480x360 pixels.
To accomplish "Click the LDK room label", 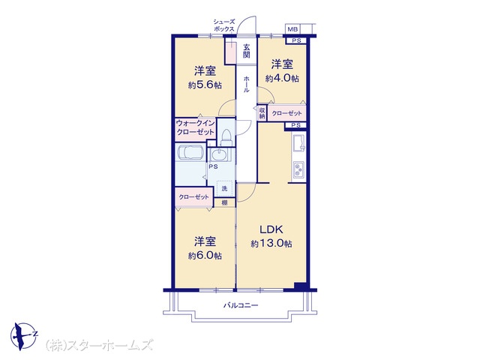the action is (271, 229).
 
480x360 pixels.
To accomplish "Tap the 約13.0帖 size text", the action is (271, 244).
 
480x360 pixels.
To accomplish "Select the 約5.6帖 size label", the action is (205, 85).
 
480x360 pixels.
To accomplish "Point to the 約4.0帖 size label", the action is (282, 78).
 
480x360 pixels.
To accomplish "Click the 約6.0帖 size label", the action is (205, 256).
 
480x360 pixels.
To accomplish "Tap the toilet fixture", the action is (226, 137).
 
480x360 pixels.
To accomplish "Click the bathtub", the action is (190, 152).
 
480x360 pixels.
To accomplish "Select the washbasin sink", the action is (220, 154).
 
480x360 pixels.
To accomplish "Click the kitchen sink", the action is (298, 143).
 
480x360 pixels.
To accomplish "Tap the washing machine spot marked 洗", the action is (224, 188).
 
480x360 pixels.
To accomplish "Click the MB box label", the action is (292, 29).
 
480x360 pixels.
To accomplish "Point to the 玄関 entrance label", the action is (247, 51).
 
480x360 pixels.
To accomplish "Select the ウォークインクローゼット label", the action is (195, 127).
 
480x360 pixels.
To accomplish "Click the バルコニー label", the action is (241, 305).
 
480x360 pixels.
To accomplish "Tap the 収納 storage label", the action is (262, 113).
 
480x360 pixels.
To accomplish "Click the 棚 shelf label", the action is (224, 202).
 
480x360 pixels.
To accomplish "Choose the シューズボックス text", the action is (224, 25).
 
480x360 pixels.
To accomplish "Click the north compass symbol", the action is (24, 336).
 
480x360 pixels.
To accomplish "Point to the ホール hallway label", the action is (247, 84).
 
